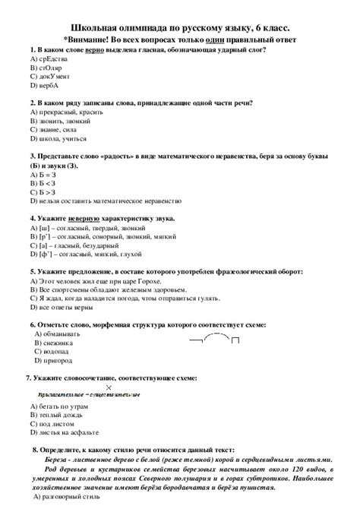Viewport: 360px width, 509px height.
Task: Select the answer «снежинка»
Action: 56,343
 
